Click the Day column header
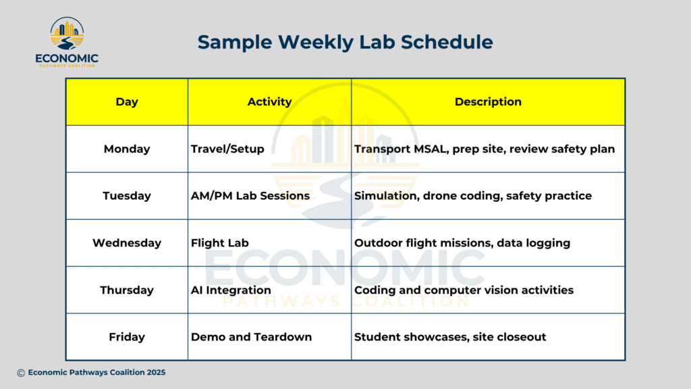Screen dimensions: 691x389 pos(126,102)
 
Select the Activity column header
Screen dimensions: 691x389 pos(269,102)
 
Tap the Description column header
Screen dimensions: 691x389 pos(488,102)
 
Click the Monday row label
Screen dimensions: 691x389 pos(126,149)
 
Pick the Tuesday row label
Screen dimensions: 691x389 pos(126,196)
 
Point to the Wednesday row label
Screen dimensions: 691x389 pos(126,243)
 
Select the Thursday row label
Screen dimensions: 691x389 pos(126,290)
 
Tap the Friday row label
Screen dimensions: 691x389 pos(126,337)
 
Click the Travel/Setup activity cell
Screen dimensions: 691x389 pos(227,149)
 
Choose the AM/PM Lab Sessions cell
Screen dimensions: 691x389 pos(250,196)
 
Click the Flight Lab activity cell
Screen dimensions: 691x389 pos(219,243)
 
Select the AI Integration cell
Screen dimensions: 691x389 pos(231,290)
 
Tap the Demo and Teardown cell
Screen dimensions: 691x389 pos(251,337)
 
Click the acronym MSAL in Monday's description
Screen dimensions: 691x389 pos(430,149)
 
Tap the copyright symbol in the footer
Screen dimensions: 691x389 pos(21,373)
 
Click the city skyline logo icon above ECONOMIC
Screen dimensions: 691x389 pos(67,33)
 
